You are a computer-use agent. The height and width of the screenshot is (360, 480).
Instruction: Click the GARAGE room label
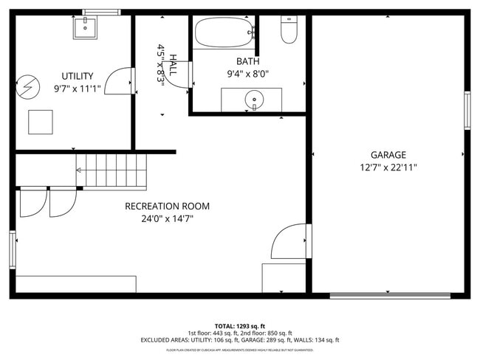(x=388, y=155)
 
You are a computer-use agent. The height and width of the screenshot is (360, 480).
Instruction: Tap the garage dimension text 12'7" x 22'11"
(x=388, y=167)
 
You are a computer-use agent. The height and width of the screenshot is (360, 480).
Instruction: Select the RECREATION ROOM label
(x=167, y=206)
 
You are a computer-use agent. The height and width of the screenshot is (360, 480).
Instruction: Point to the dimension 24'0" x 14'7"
(x=167, y=218)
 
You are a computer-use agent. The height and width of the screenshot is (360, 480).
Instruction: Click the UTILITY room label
(x=78, y=76)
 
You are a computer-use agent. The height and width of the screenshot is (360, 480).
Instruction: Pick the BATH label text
(x=248, y=61)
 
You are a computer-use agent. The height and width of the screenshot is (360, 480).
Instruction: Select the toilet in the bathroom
(x=289, y=30)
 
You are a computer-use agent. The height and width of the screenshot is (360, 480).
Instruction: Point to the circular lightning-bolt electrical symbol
(x=27, y=87)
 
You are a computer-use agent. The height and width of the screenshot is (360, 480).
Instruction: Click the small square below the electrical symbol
(x=41, y=122)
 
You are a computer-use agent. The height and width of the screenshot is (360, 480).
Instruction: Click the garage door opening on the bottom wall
(x=390, y=296)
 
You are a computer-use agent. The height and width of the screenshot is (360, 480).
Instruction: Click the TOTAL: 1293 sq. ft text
(x=240, y=325)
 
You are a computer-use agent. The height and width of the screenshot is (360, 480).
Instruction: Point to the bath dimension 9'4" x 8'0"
(x=248, y=74)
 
